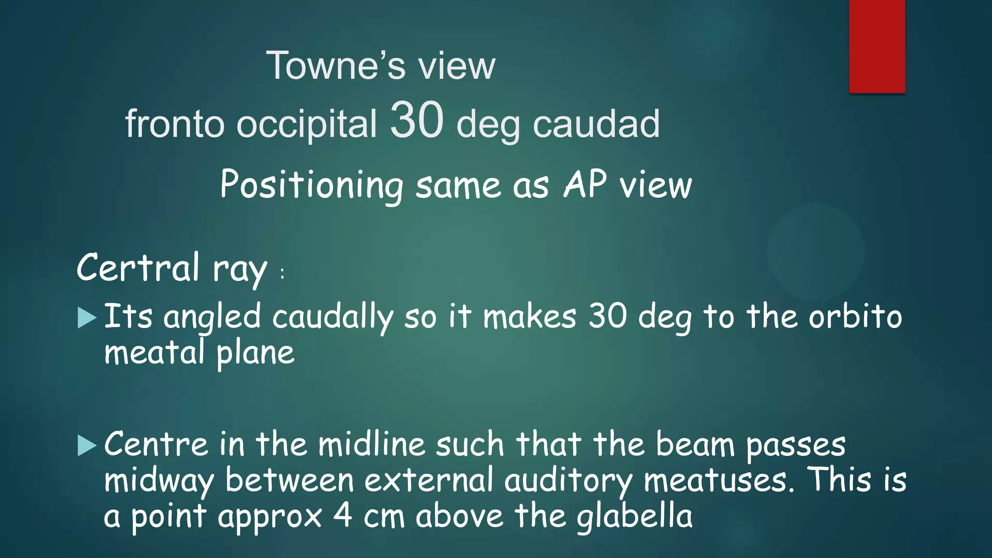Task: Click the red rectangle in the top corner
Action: pos(877,46)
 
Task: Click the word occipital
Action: pos(306,124)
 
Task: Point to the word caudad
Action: pos(596,124)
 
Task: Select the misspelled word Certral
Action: pos(138,267)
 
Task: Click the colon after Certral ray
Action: pos(282,274)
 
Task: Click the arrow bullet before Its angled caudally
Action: pos(87,318)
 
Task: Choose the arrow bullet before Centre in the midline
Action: pos(87,446)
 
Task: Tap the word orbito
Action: pos(855,317)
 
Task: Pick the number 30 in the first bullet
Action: pos(607,317)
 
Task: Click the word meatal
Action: pos(155,352)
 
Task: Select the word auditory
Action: pos(568,480)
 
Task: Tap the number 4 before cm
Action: pos(342,516)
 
